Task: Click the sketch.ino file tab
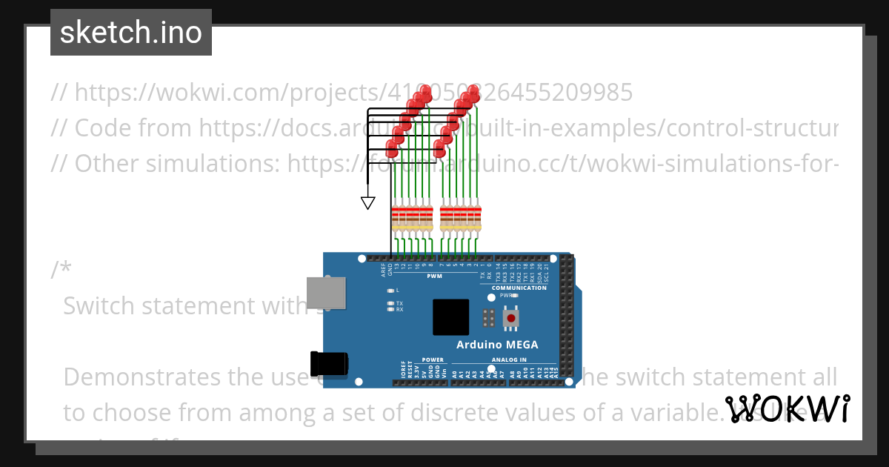pos(131,33)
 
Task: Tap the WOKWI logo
pos(787,409)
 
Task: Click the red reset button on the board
pos(511,318)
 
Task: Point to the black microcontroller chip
pos(451,317)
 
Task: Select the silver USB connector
pos(327,292)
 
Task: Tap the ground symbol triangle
pos(367,202)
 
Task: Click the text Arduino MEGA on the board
pos(497,345)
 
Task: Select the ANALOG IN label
pos(508,360)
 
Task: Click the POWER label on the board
pos(433,360)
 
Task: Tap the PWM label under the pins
pos(434,276)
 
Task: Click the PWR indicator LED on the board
pos(516,295)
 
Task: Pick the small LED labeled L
pos(390,290)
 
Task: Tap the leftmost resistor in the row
pos(395,216)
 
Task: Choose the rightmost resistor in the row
pos(477,216)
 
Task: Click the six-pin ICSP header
pos(488,318)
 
